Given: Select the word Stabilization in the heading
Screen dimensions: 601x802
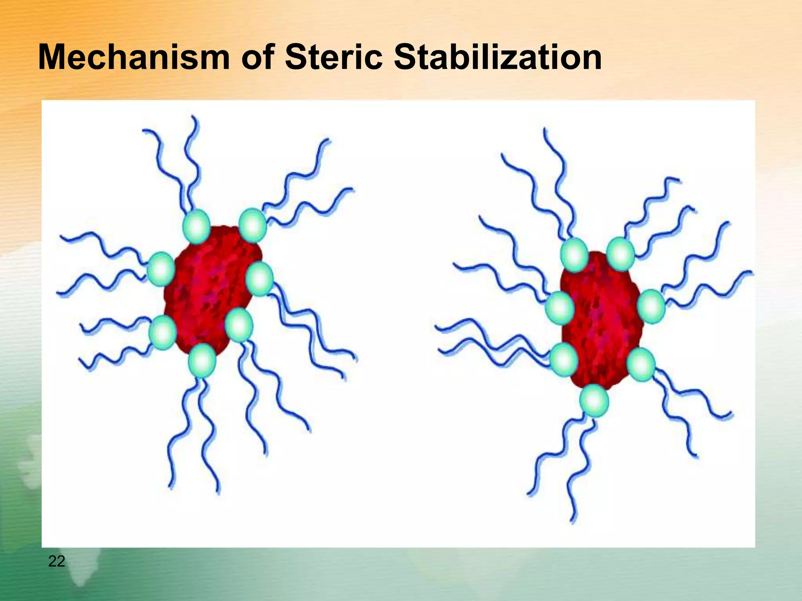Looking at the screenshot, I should click(x=497, y=58).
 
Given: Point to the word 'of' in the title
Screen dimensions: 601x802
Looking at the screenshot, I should click(x=256, y=58).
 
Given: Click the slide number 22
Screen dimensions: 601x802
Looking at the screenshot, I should click(x=56, y=561).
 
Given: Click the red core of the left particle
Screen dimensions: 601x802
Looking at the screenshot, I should click(x=210, y=290).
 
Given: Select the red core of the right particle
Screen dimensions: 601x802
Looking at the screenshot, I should click(x=601, y=321).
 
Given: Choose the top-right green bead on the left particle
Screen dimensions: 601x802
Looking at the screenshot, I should click(x=253, y=225).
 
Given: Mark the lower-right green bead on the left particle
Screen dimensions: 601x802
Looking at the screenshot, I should click(x=239, y=325).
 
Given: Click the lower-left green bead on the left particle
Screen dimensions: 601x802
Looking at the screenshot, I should click(x=163, y=333).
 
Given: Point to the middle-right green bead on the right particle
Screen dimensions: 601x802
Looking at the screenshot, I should click(x=651, y=306).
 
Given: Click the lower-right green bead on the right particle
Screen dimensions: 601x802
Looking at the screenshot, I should click(x=641, y=364).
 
